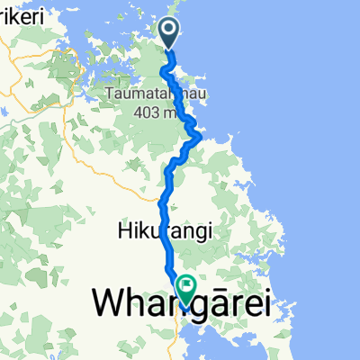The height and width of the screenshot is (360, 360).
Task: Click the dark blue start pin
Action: [x=171, y=33]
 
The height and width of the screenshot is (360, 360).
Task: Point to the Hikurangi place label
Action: [x=164, y=231]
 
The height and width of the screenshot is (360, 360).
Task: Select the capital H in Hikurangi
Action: [x=122, y=231]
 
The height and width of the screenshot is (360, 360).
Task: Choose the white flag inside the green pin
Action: [x=187, y=287]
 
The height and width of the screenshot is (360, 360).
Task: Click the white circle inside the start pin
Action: [x=171, y=31]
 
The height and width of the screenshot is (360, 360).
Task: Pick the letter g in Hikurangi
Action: [x=190, y=233]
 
